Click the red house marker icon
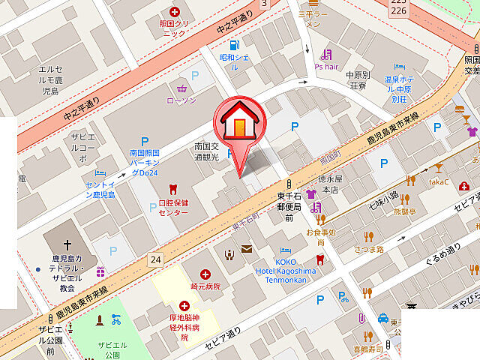(x=239, y=121)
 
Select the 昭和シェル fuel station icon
(x=235, y=45)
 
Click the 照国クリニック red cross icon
(x=175, y=12)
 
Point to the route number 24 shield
(x=155, y=259)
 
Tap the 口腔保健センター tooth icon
(x=172, y=189)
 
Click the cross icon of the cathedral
(x=67, y=244)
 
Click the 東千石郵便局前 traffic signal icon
(x=287, y=184)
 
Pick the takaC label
(x=439, y=181)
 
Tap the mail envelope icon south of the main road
(x=246, y=250)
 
